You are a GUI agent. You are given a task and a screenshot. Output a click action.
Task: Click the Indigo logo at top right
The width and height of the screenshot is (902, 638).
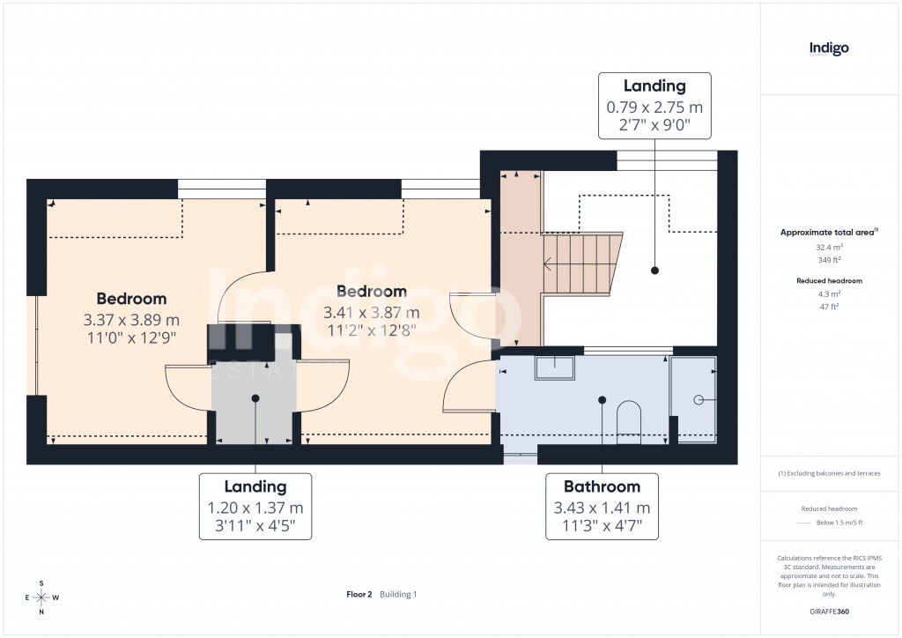(829, 48)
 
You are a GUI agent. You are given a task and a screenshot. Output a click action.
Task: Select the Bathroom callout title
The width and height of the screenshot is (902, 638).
(602, 486)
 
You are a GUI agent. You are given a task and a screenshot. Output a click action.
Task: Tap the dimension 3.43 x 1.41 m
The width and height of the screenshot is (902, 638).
(602, 508)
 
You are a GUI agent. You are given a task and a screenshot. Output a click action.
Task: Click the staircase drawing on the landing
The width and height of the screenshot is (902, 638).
(581, 263)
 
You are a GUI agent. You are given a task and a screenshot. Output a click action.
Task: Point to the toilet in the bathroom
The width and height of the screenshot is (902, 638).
(629, 420)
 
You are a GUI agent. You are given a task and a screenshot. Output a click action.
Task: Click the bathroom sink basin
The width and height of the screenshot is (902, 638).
(554, 367)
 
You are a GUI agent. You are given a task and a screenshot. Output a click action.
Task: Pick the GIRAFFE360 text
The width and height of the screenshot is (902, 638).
(829, 611)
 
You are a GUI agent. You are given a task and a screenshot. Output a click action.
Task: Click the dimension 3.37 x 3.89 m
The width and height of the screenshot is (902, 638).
(131, 319)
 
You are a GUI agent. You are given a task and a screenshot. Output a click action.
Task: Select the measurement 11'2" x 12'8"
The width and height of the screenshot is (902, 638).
(371, 330)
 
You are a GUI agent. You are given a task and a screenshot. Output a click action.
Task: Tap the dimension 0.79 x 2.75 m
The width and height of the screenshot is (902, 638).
(654, 108)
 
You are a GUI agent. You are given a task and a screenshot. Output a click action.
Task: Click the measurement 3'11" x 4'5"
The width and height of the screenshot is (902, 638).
(255, 527)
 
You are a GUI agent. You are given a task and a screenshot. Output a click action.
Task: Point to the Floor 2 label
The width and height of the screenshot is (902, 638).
(359, 594)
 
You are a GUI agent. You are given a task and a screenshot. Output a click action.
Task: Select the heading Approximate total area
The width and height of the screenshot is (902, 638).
(826, 233)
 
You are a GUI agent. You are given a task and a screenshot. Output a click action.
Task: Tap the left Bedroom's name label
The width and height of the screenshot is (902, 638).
(131, 299)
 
